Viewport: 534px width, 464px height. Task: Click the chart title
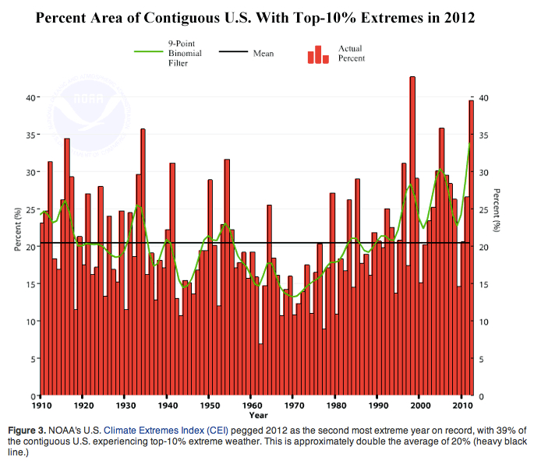point(267,18)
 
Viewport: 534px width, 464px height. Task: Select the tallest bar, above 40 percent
point(412,234)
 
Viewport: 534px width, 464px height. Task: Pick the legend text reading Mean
point(263,54)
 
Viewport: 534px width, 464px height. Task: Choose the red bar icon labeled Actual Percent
point(317,54)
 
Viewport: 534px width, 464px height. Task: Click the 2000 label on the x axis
point(419,406)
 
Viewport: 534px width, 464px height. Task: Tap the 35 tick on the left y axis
point(30,135)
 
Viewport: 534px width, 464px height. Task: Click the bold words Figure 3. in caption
point(30,430)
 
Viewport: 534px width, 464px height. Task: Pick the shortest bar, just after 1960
point(260,370)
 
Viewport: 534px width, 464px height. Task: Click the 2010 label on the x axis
point(462,406)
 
